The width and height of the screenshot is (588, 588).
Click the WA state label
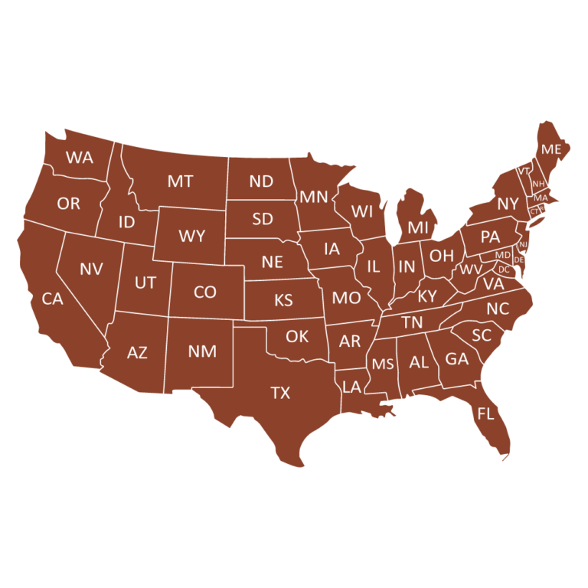[80, 158]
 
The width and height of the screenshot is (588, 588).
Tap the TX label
[280, 393]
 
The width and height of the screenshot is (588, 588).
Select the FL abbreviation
[485, 414]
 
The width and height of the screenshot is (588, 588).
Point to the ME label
[551, 149]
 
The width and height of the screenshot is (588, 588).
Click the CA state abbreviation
[52, 299]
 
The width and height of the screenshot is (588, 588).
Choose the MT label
[180, 181]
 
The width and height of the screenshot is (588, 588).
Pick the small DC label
[504, 269]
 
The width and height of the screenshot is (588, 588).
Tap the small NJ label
[524, 244]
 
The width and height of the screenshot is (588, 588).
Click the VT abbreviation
[524, 171]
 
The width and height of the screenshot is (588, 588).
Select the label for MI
[418, 227]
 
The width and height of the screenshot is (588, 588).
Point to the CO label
[205, 292]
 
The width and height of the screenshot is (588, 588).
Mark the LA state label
[351, 387]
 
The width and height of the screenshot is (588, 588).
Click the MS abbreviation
[383, 364]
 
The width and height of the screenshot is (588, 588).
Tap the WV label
[471, 269]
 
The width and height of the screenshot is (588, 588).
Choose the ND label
[261, 181]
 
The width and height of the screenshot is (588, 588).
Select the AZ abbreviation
[137, 353]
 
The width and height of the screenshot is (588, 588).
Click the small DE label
[519, 260]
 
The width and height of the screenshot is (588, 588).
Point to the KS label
[283, 300]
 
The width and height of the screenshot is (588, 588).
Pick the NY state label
[508, 204]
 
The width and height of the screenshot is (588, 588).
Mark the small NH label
[538, 184]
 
